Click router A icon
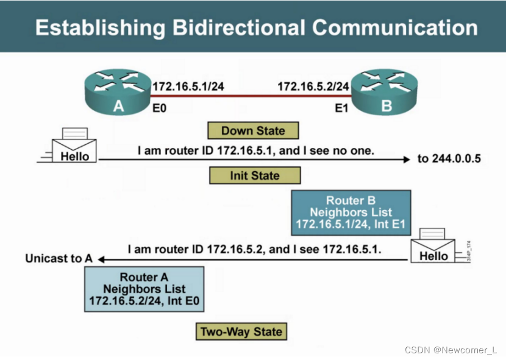(118, 92)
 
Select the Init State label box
(255, 175)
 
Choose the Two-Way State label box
(241, 332)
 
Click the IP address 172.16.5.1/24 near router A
(188, 86)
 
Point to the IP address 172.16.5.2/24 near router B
(313, 86)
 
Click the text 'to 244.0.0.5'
(449, 159)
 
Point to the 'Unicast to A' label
(59, 258)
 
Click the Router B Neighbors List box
(351, 213)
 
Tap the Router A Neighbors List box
(144, 289)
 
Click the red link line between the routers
(250, 96)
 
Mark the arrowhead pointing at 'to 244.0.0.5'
(407, 160)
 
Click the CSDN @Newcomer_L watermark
(451, 350)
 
